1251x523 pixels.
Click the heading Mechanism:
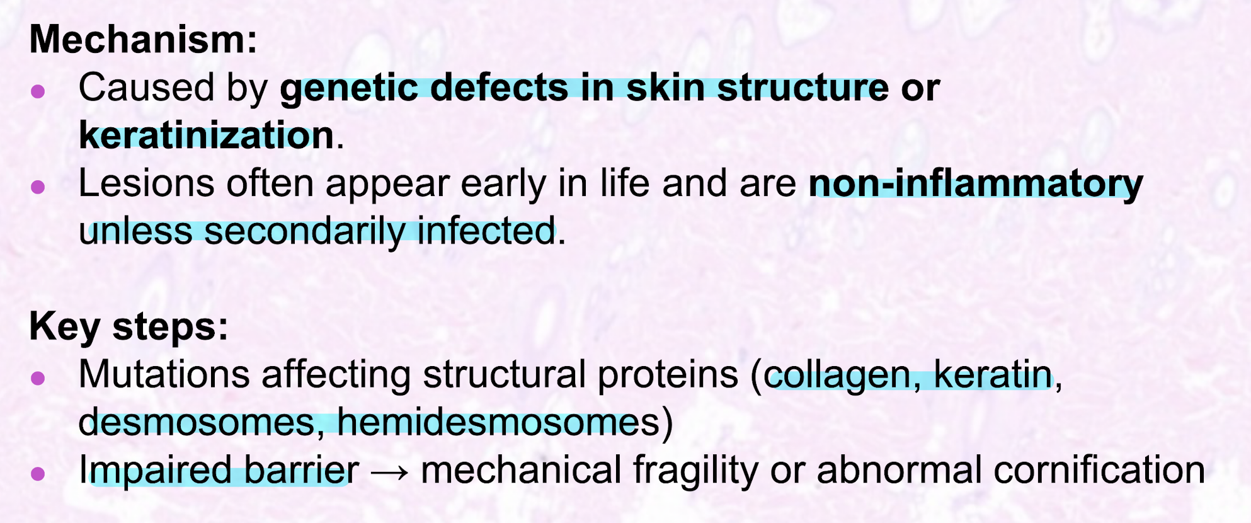[x=144, y=39]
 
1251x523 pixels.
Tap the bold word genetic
[x=350, y=88]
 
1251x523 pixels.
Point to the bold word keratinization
[x=207, y=135]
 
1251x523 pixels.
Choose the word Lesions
[x=146, y=183]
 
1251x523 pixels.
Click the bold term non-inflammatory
[x=976, y=184]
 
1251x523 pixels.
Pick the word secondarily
[x=304, y=231]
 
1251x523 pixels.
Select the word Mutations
[x=164, y=374]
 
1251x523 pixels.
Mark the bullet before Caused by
[x=38, y=91]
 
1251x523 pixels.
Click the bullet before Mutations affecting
[x=38, y=377]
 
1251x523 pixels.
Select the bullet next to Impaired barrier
[x=38, y=473]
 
